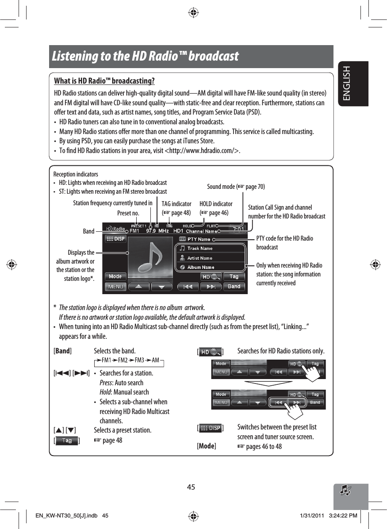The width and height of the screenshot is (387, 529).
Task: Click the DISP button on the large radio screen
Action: [115, 239]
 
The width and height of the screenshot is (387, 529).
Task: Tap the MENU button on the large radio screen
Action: [116, 287]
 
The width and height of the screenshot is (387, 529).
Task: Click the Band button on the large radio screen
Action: [234, 287]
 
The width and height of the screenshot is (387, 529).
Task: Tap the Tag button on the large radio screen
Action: [234, 277]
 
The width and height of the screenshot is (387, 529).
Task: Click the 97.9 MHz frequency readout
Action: [157, 230]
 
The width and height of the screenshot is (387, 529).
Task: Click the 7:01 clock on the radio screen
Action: [238, 230]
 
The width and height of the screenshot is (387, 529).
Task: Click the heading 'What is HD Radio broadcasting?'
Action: [104, 81]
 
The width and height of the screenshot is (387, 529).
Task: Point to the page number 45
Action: [191, 487]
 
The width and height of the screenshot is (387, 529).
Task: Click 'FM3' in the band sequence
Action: [140, 360]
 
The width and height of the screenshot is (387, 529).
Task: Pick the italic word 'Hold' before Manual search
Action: [105, 392]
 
